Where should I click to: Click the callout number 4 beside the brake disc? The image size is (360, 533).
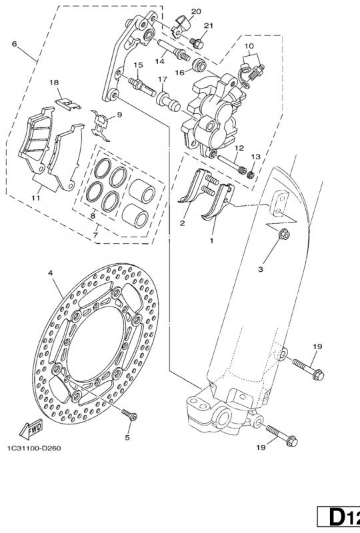51,272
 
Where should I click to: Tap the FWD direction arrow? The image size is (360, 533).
30,426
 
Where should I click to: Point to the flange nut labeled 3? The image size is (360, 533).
283,235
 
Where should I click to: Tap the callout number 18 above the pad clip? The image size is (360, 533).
55,82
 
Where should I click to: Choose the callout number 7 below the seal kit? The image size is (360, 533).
97,234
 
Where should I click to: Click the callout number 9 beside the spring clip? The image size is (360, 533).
119,115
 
